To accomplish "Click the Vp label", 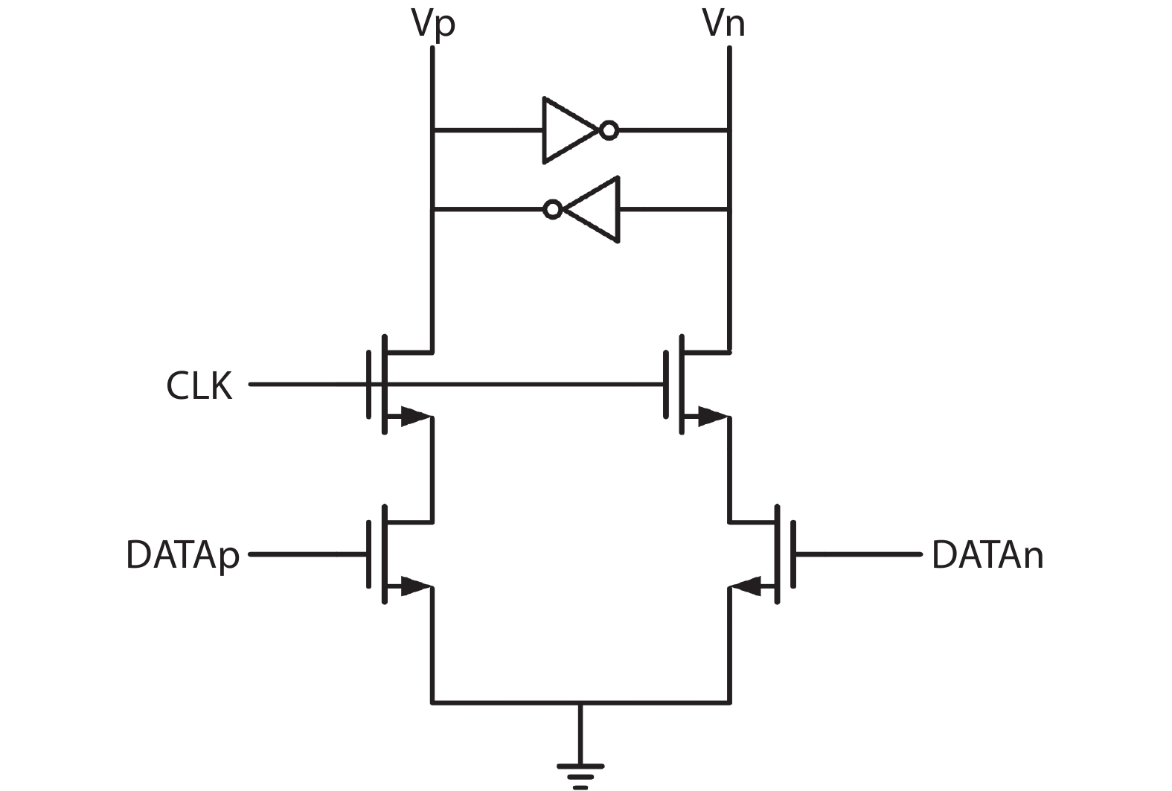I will click(x=432, y=24).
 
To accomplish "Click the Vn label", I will click(x=723, y=24).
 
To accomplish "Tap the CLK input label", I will click(x=199, y=385).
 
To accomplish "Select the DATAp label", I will click(x=182, y=555).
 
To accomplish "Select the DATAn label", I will click(x=987, y=555).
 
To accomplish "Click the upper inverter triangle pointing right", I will click(x=568, y=130).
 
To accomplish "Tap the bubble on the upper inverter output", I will click(x=609, y=131).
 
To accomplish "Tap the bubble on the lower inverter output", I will click(x=552, y=209).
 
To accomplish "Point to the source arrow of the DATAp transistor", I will click(x=414, y=586).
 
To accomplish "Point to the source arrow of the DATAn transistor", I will click(x=746, y=586).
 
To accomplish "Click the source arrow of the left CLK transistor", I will click(x=414, y=417).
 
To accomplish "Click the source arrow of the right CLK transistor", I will click(x=711, y=417).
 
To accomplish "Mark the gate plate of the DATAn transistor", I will click(x=793, y=554).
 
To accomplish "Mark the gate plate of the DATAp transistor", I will click(x=369, y=554).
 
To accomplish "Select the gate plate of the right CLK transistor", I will click(x=665, y=385).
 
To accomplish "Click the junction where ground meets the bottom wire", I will click(x=580, y=702).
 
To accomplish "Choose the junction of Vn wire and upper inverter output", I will click(x=729, y=131).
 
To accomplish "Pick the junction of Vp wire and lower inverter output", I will click(x=432, y=210).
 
